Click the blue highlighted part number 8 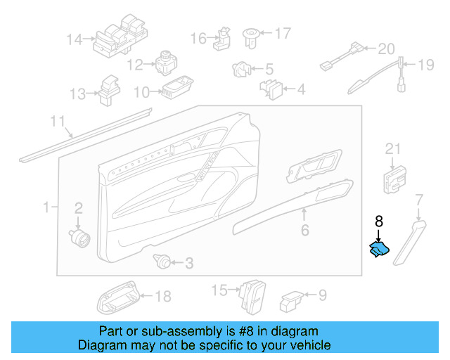pos(380,250)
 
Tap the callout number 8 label pos(378,221)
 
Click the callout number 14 pos(75,39)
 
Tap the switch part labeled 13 pos(110,89)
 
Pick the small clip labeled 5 pos(241,70)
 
